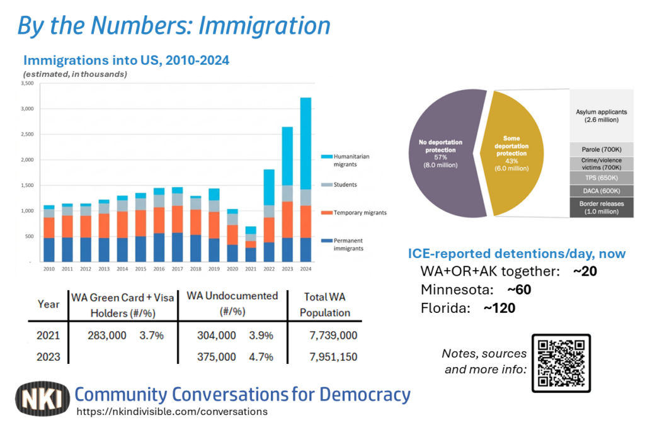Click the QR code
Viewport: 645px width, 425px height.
click(562, 363)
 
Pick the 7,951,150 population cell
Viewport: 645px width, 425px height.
click(329, 357)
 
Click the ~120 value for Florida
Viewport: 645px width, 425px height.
click(499, 309)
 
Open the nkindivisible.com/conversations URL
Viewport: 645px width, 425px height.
click(172, 411)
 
